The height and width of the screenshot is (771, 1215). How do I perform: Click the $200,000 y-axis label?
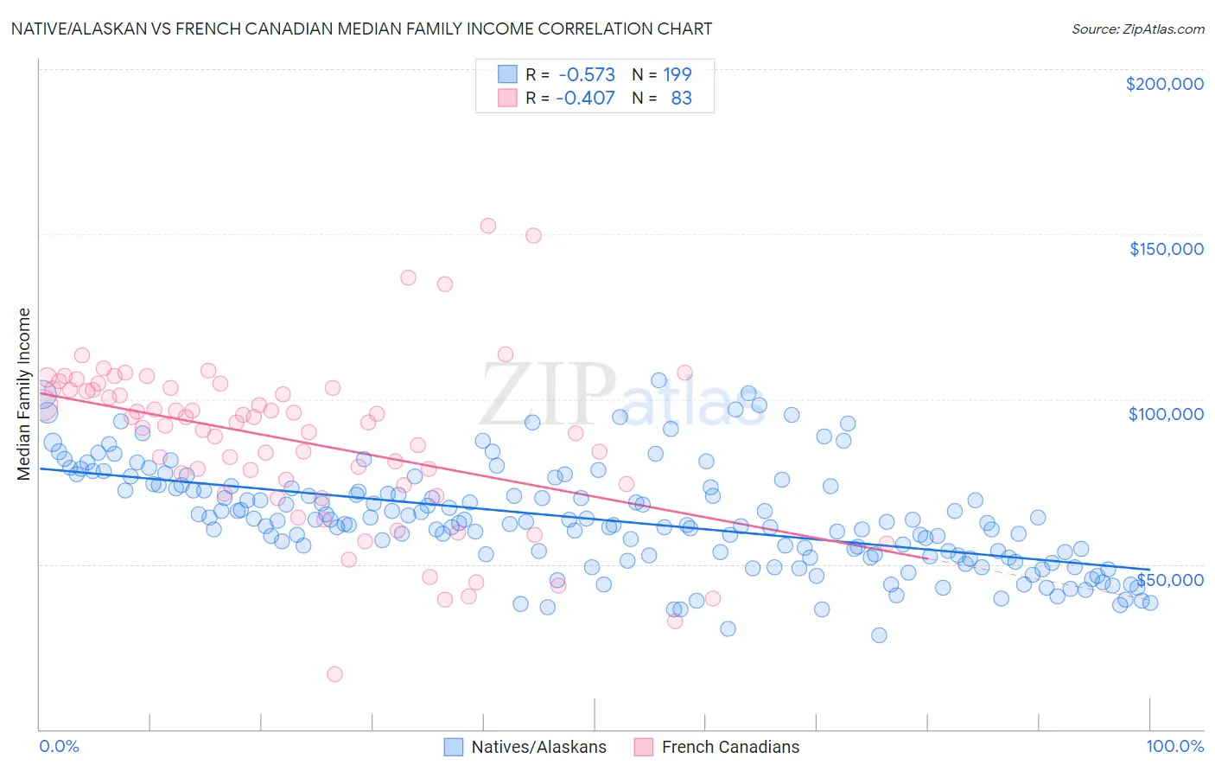[x=1164, y=84]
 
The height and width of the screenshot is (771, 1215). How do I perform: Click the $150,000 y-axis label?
[x=1166, y=249]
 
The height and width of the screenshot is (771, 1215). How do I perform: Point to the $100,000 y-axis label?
[x=1166, y=414]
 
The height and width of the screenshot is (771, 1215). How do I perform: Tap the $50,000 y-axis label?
[x=1169, y=579]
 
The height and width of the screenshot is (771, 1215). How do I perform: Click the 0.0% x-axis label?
[x=59, y=746]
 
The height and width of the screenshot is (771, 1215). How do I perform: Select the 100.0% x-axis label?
[x=1174, y=746]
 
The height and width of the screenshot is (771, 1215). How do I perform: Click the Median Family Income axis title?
[x=24, y=393]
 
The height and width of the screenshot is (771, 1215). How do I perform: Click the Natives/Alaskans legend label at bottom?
[x=538, y=747]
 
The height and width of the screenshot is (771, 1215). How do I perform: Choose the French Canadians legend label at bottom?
[x=730, y=747]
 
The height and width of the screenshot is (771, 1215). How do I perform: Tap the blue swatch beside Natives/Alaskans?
[x=454, y=747]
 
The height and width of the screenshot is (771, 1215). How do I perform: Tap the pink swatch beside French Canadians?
[x=644, y=747]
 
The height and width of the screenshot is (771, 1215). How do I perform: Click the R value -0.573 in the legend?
[x=586, y=74]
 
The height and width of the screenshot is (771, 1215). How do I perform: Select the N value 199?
[x=677, y=74]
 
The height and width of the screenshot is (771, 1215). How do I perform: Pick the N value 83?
[x=681, y=98]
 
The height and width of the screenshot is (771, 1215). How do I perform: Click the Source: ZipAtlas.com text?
[x=1137, y=29]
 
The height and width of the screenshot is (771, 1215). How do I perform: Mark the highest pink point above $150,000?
[x=487, y=226]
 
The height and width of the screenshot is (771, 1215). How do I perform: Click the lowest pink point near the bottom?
[x=334, y=674]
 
